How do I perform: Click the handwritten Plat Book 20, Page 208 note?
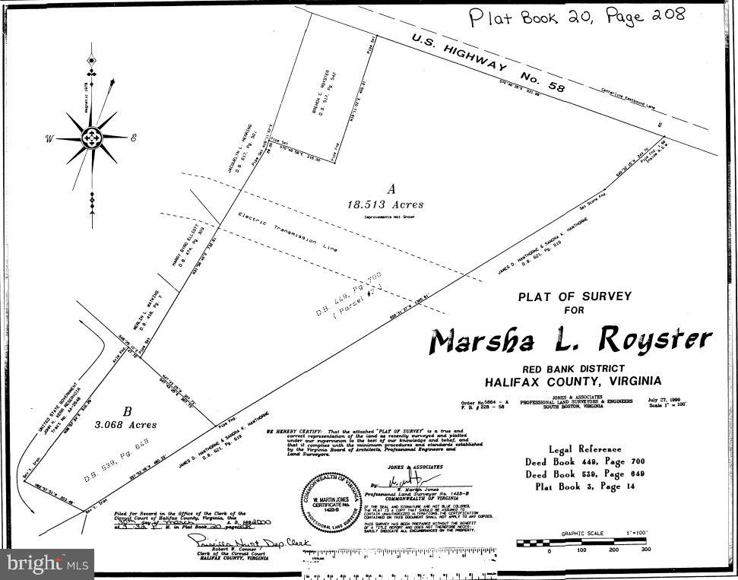576,17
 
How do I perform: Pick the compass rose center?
92,138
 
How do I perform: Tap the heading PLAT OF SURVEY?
575,296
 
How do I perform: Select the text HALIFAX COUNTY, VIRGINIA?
573,381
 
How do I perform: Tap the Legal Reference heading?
589,448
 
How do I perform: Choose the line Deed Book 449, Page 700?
590,461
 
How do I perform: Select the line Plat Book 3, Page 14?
590,487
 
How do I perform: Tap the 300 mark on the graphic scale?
646,549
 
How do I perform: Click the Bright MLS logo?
46,563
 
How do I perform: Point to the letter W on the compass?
49,138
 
